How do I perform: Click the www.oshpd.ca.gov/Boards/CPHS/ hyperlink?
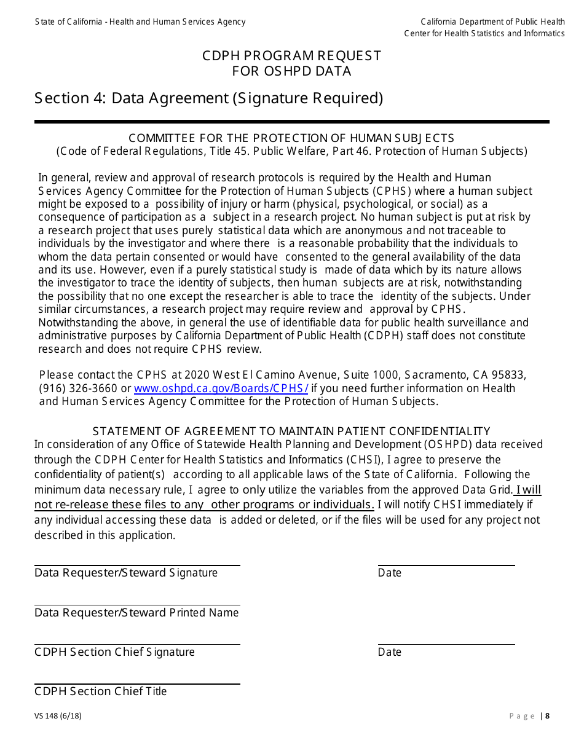point(221,388)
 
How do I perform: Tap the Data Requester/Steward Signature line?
point(137,564)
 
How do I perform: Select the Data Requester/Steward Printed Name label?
point(136,613)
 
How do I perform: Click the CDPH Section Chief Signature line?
point(137,644)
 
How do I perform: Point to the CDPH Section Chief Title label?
point(101,691)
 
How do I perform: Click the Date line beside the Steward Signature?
point(446,564)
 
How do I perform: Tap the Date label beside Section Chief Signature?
point(390,652)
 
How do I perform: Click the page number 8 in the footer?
point(547,715)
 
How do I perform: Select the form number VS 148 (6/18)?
point(58,715)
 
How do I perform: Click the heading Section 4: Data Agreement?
point(209,98)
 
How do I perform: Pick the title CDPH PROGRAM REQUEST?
point(292,56)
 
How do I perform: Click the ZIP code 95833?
point(511,375)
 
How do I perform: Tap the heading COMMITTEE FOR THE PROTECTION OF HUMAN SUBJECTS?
point(291,138)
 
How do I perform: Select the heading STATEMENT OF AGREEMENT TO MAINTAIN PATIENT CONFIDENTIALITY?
point(291,431)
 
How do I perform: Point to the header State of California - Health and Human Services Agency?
point(140,22)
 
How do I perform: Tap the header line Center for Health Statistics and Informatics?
point(484,33)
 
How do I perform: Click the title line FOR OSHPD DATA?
point(292,71)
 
